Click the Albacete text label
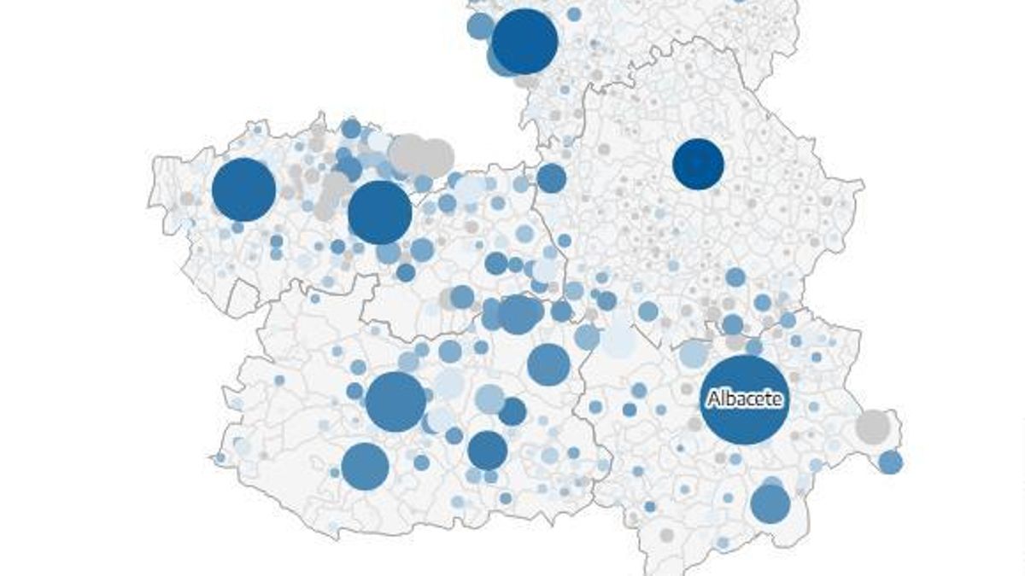point(744,399)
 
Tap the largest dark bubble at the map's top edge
point(524,41)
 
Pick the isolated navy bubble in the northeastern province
point(698,163)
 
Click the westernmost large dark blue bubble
point(243,189)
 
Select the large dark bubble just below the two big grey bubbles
point(380,212)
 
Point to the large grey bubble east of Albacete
point(873,427)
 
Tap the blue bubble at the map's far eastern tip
point(890,463)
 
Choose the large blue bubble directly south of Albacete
point(770,503)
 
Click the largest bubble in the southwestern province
point(396,401)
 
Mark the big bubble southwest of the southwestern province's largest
point(365,466)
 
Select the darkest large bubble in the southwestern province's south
point(488,450)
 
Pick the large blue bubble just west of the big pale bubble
point(548,364)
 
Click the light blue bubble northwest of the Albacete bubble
point(694,355)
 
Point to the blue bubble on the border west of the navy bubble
point(551,178)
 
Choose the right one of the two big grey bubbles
point(436,156)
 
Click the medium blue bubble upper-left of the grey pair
point(350,129)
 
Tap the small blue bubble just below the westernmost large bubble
point(237,228)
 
